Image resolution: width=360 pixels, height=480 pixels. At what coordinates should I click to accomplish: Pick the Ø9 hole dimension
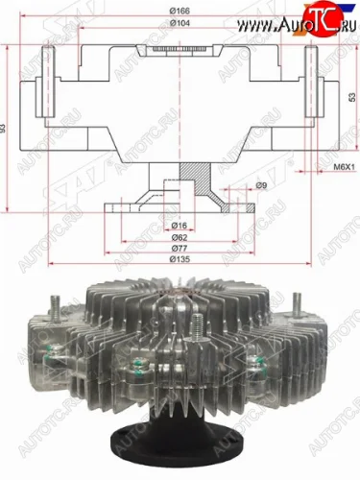(x=261, y=185)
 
